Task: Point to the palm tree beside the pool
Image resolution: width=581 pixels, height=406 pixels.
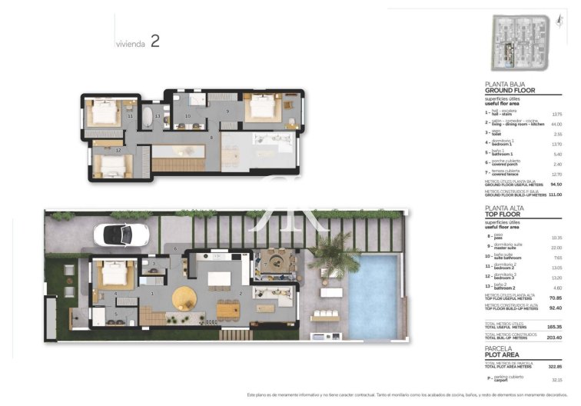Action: [335, 254]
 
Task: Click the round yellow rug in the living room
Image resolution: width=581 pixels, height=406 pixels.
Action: [185, 297]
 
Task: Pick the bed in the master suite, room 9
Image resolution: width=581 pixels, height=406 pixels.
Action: [260, 106]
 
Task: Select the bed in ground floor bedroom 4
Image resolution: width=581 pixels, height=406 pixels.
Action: [115, 275]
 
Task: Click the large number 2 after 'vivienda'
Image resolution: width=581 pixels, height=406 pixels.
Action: [155, 42]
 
